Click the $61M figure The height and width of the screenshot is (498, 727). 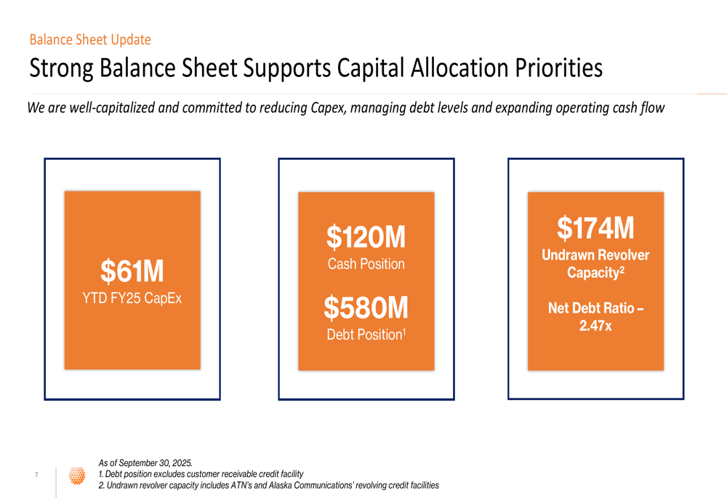pyautogui.click(x=132, y=272)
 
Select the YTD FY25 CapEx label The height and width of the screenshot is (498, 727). pyautogui.click(x=132, y=298)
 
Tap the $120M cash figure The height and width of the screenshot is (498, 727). pyautogui.click(x=366, y=237)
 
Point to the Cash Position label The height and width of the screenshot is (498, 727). pyautogui.click(x=366, y=264)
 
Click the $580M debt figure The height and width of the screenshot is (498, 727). pyautogui.click(x=366, y=308)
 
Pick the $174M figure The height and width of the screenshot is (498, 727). pyautogui.click(x=595, y=228)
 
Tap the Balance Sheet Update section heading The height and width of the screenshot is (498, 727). pyautogui.click(x=90, y=40)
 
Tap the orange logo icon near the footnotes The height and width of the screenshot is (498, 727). pyautogui.click(x=76, y=475)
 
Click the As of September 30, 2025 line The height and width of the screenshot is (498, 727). pyautogui.click(x=145, y=462)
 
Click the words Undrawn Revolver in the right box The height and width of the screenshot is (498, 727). pyautogui.click(x=595, y=255)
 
